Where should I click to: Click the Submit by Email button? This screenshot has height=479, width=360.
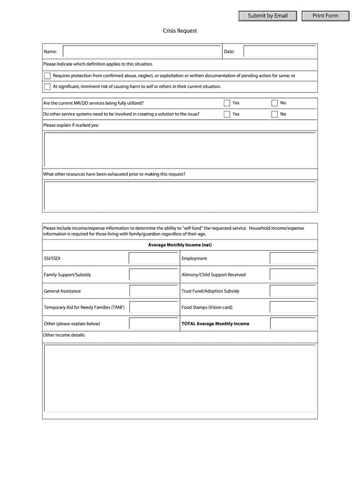coord(267,16)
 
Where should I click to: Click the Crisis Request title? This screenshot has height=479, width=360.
coord(180,31)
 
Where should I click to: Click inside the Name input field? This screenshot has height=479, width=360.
coord(142,51)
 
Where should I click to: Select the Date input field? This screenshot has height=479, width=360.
coord(280,51)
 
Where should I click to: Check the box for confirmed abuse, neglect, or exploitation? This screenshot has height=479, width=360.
coord(47,76)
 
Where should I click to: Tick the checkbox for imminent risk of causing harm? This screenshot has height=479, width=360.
coord(47,87)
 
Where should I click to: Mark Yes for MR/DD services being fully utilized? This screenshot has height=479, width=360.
coord(227,103)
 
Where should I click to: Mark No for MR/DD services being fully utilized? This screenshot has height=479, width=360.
coord(274,103)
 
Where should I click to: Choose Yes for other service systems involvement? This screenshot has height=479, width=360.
coord(227,114)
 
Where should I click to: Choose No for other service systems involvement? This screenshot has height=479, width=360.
coord(274,114)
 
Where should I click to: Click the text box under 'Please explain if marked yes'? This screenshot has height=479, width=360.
coord(180,150)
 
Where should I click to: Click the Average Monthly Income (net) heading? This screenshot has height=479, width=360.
coord(180,245)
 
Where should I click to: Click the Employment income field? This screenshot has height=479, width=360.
coord(293,258)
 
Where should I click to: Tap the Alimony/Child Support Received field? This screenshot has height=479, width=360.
coord(293,275)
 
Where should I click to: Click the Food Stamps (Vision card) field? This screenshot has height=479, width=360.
coord(293,307)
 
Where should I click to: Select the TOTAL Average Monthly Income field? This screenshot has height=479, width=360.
coord(293,324)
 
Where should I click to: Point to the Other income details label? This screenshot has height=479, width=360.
coord(64,335)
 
